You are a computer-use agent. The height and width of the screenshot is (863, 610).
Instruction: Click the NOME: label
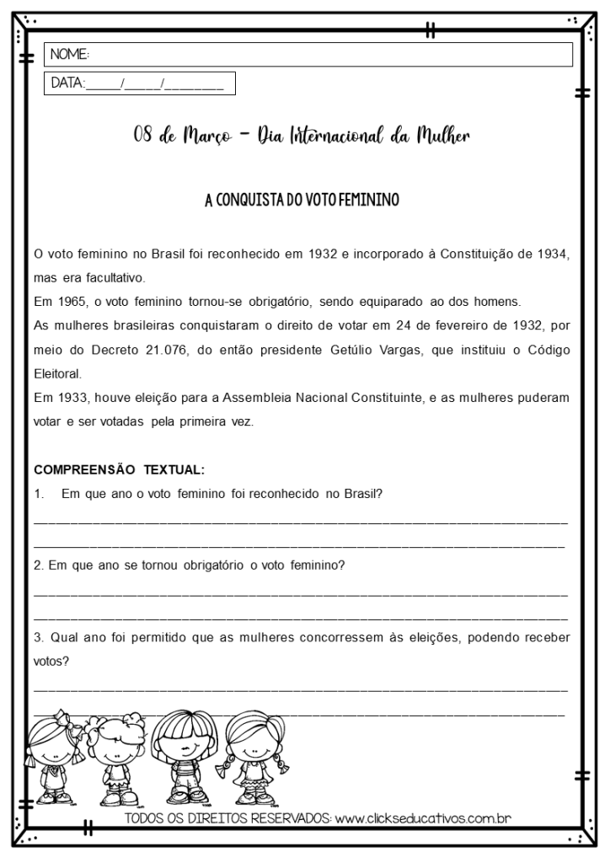click(x=70, y=55)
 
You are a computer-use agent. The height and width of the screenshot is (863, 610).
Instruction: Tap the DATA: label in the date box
click(x=68, y=83)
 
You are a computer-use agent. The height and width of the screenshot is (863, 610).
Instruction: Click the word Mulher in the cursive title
click(x=441, y=136)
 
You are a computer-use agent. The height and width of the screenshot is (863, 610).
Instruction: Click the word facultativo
click(x=112, y=277)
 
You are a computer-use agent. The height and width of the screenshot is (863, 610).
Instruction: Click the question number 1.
click(x=38, y=493)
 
